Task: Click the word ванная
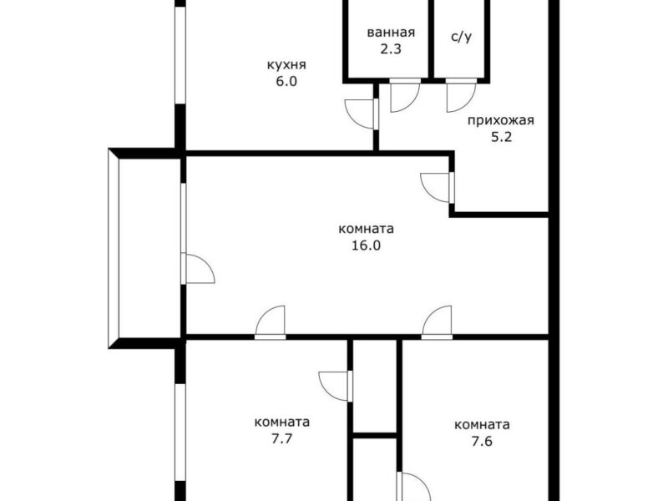coord(391,33)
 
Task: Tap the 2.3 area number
coord(391,49)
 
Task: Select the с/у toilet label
coord(462,37)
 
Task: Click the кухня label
coord(286,65)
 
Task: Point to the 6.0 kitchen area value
coord(286,81)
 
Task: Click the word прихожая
coord(500,120)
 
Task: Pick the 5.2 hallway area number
coord(501,137)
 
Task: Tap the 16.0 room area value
coord(366,245)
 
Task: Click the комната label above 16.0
coord(366,229)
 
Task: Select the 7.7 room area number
coord(282,438)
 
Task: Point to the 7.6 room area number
coord(482,441)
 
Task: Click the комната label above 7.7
coord(282,423)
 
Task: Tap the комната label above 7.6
coord(482,425)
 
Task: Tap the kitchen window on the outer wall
coord(180,55)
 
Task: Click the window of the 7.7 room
coord(180,433)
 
